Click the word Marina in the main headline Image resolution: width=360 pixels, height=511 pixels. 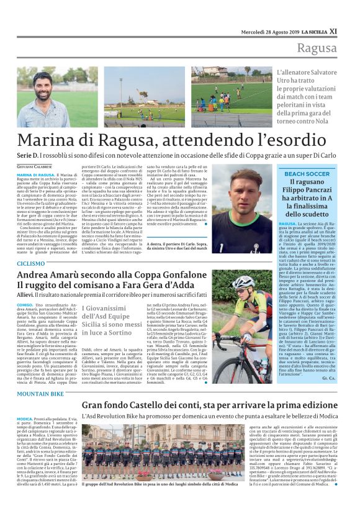(47, 140)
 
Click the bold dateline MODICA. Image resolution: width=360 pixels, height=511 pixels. (25, 418)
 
